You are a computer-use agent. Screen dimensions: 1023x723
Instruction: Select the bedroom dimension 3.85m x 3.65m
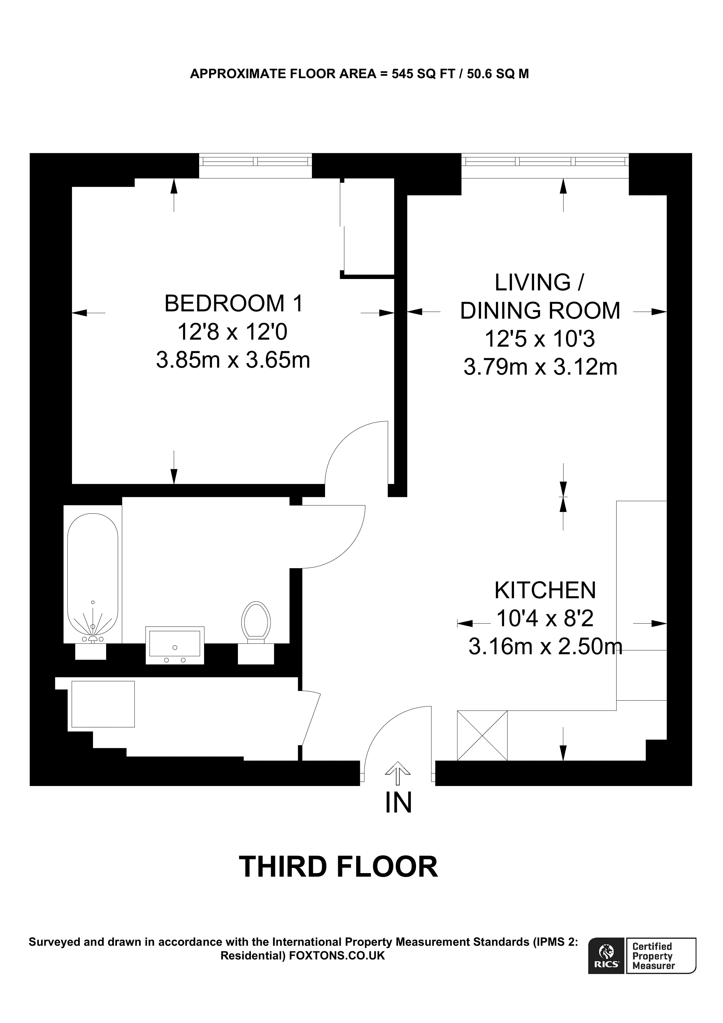click(x=233, y=360)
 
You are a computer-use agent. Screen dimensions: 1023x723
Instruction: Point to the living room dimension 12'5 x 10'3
click(x=540, y=339)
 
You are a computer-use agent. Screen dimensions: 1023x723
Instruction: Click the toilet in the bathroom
click(x=256, y=622)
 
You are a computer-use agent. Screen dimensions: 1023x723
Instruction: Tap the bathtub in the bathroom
click(x=93, y=574)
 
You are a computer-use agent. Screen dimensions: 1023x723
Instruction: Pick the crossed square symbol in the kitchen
click(x=482, y=735)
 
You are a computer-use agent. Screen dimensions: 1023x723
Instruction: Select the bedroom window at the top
click(x=255, y=161)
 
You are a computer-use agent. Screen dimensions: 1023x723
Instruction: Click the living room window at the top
click(x=545, y=161)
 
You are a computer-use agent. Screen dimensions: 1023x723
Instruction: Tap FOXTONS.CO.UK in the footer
click(x=337, y=956)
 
